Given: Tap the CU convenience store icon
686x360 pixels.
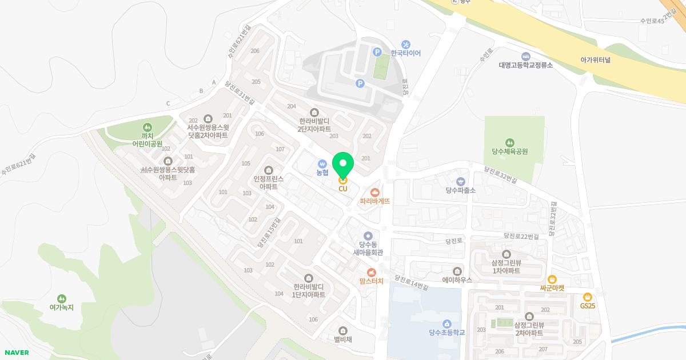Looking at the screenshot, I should pyautogui.click(x=343, y=180).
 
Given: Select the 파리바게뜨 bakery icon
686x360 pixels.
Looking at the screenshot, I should pyautogui.click(x=375, y=193).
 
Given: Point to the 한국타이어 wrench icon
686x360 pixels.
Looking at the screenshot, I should pyautogui.click(x=406, y=45).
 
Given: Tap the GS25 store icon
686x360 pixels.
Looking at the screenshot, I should pyautogui.click(x=587, y=297).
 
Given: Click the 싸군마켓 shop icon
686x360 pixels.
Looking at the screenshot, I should pyautogui.click(x=552, y=279).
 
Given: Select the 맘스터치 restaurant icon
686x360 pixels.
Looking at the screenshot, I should pyautogui.click(x=372, y=272).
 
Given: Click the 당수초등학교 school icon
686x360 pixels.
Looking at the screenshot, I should pyautogui.click(x=446, y=323).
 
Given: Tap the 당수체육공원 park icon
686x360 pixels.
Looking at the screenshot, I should pyautogui.click(x=509, y=142).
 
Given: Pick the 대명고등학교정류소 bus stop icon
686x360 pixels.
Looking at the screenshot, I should pyautogui.click(x=525, y=56).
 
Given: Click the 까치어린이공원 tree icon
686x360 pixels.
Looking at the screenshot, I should pyautogui.click(x=147, y=127).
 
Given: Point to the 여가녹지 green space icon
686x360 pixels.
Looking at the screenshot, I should pyautogui.click(x=61, y=298).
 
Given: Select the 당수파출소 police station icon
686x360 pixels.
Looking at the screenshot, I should pyautogui.click(x=461, y=181).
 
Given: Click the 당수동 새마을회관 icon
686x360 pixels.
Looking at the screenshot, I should pyautogui.click(x=368, y=235).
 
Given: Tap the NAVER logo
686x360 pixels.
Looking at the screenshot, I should pyautogui.click(x=17, y=353).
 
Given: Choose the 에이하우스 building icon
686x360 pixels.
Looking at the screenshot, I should pyautogui.click(x=457, y=271).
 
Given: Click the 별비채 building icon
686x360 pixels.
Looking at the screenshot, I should pyautogui.click(x=343, y=330).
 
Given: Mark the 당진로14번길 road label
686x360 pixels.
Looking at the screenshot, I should pyautogui.click(x=411, y=282).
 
